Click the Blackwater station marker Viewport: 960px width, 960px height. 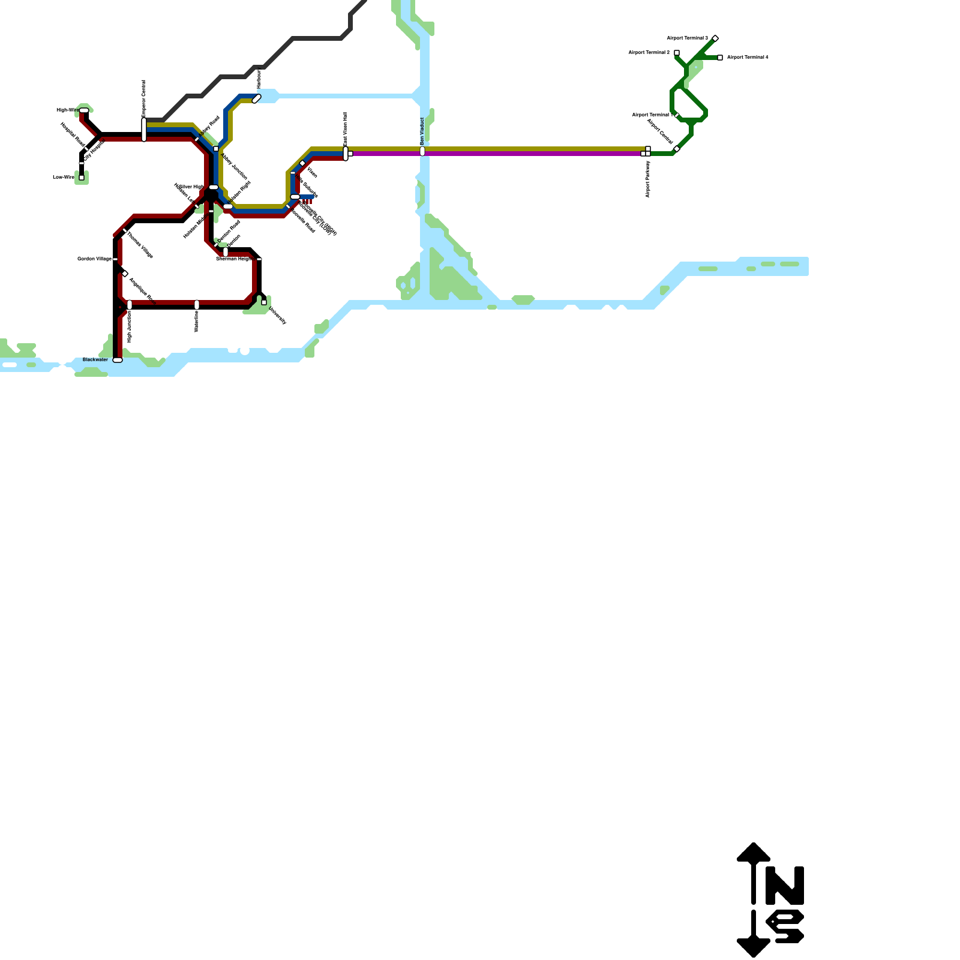[x=118, y=360]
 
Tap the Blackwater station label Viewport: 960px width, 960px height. [x=95, y=359]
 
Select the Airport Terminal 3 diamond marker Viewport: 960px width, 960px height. [x=715, y=38]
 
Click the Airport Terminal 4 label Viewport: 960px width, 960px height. [x=748, y=58]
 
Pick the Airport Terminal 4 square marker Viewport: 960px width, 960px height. [x=720, y=58]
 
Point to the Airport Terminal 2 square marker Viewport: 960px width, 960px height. [x=677, y=53]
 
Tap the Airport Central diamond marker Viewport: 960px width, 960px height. [x=677, y=149]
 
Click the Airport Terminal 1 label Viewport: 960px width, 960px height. [x=650, y=115]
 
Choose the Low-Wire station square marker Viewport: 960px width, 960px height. [x=82, y=178]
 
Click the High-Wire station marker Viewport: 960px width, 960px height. [x=84, y=110]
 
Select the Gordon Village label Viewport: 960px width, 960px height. [x=94, y=259]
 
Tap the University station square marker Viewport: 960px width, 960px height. [x=264, y=302]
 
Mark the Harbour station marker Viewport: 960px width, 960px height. [x=257, y=98]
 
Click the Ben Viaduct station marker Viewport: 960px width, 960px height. [x=422, y=151]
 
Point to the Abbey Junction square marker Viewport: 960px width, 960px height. [x=216, y=149]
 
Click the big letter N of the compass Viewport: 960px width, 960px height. [x=785, y=886]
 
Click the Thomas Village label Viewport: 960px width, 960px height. [x=140, y=245]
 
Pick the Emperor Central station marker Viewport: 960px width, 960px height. [x=144, y=130]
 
